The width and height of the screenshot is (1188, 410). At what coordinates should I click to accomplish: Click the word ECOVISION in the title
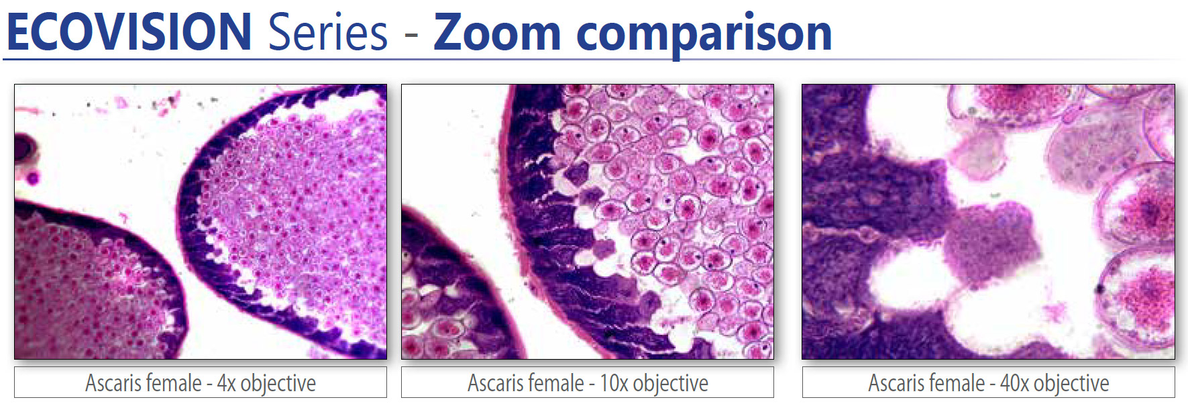(x=129, y=32)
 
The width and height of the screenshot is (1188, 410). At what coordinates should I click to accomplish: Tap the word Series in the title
(x=327, y=32)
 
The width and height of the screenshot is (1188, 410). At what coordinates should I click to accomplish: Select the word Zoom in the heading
(x=497, y=32)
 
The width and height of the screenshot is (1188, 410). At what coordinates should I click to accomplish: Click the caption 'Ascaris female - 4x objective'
(x=201, y=383)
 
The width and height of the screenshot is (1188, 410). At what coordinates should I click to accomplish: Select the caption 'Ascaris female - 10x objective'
(x=588, y=383)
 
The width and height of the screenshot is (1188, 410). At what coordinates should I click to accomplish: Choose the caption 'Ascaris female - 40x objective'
(x=988, y=383)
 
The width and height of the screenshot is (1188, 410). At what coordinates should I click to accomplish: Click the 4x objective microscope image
(x=201, y=221)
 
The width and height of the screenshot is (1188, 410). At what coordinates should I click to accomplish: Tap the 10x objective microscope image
(x=588, y=221)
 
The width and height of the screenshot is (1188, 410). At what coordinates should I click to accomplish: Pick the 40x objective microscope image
(x=988, y=221)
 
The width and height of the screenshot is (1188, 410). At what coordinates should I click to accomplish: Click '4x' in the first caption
(x=226, y=383)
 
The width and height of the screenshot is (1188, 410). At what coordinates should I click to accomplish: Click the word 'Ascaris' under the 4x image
(x=110, y=383)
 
